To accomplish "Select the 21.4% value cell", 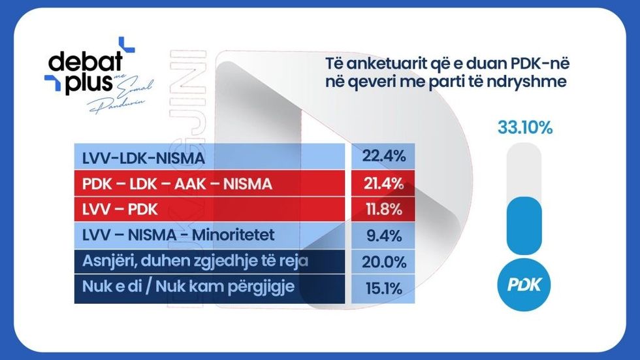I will click(x=381, y=184).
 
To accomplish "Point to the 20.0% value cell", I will click(x=381, y=262).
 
